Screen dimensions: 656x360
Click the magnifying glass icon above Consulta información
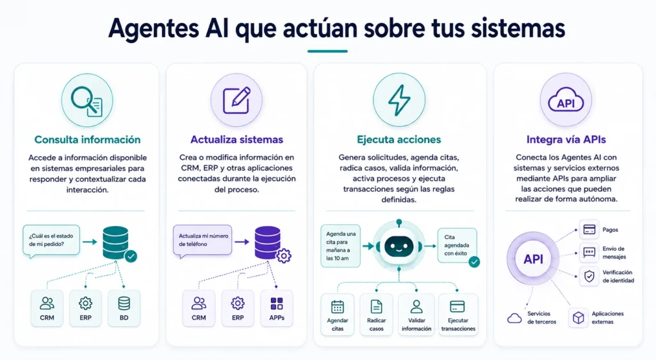[86, 101]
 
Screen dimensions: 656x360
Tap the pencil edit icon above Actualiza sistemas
[236, 101]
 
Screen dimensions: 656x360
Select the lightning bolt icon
[399, 100]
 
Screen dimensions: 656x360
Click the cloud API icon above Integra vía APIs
[566, 99]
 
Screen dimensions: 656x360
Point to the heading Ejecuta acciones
[398, 139]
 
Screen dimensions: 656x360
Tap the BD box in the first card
[124, 308]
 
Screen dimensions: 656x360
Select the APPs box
[277, 308]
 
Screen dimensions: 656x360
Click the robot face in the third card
[398, 246]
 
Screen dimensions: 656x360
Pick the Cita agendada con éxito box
[457, 245]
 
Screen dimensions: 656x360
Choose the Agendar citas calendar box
[337, 315]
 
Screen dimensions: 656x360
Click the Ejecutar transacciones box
[458, 315]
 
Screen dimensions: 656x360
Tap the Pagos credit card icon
[589, 229]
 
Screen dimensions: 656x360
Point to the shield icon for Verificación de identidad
[589, 276]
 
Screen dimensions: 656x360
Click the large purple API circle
[533, 259]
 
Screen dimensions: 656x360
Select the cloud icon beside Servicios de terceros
[514, 318]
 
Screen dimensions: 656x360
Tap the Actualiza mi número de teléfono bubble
[202, 240]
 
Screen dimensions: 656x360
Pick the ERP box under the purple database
[238, 308]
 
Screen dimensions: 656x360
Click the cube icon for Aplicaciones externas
[578, 318]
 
